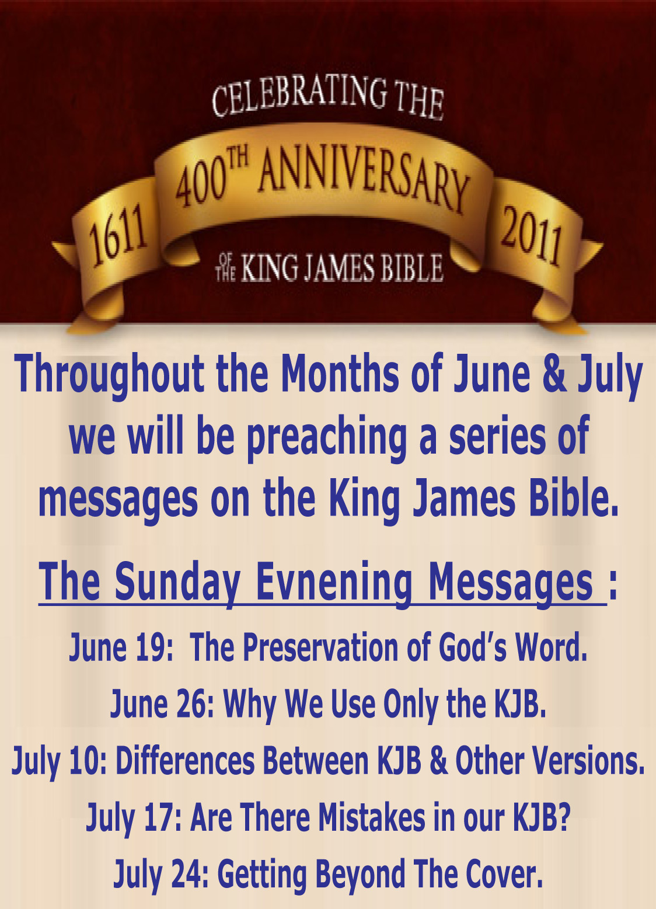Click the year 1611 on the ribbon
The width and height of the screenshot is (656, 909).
(118, 236)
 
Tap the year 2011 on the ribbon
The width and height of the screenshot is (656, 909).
(532, 236)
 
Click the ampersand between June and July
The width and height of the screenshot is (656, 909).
(554, 372)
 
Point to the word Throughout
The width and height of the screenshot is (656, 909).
(109, 375)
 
